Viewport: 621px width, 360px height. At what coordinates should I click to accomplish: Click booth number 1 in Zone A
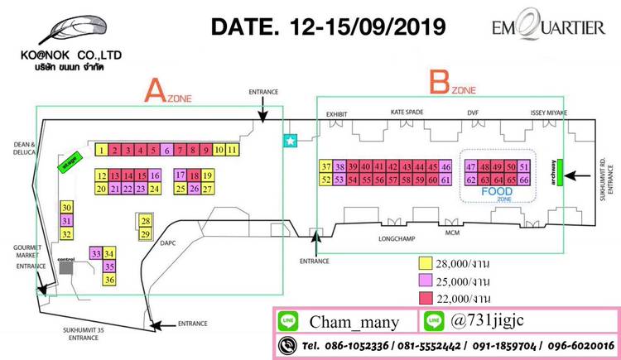click(100, 150)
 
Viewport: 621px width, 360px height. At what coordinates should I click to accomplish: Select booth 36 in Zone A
click(109, 281)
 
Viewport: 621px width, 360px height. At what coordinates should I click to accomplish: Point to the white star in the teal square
click(290, 142)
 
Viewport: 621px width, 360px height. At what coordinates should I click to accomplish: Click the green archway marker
click(561, 171)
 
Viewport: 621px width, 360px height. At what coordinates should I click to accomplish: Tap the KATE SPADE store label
click(407, 112)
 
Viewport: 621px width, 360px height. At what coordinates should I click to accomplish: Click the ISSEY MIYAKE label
click(547, 112)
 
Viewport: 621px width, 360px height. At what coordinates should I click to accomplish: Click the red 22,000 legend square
click(426, 298)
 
